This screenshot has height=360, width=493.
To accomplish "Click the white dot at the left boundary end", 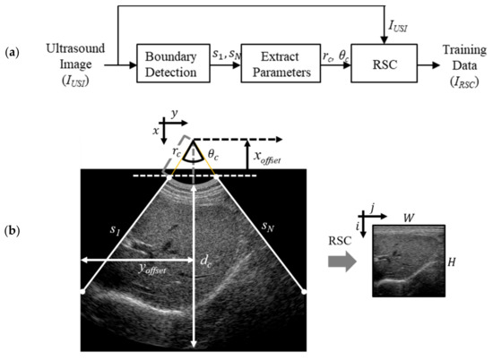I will click(82, 291).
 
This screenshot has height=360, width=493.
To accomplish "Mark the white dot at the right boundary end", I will click(305, 291).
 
